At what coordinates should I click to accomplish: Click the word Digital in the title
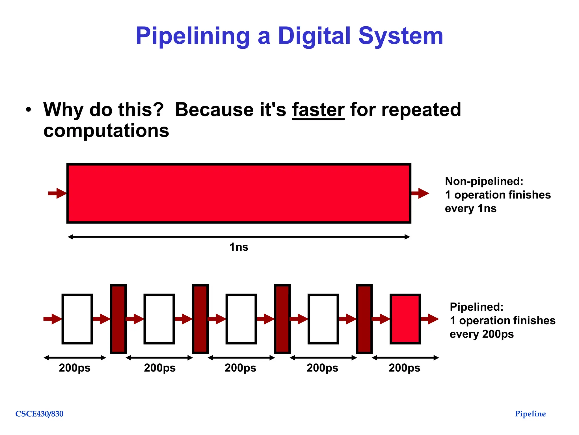[314, 36]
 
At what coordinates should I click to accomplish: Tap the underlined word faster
[318, 110]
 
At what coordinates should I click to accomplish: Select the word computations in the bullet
[106, 131]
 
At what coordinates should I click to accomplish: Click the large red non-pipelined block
[239, 193]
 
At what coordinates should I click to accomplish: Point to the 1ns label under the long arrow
[239, 247]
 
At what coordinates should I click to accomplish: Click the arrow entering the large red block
[57, 193]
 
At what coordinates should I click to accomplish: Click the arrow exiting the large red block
[420, 193]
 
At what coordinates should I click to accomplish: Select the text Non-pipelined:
[484, 181]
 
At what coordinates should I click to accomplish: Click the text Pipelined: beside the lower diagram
[477, 307]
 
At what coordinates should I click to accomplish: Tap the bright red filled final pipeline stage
[405, 319]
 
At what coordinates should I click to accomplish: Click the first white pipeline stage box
[77, 319]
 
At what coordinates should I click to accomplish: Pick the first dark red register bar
[118, 319]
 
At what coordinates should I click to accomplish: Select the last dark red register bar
[364, 319]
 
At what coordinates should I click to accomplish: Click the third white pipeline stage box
[241, 319]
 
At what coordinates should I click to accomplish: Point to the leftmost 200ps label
[75, 368]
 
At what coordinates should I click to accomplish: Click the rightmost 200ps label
[404, 368]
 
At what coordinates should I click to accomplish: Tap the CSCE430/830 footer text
[39, 414]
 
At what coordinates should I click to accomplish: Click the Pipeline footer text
[530, 414]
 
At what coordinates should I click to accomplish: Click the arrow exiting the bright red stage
[430, 319]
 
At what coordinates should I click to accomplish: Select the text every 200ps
[481, 334]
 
